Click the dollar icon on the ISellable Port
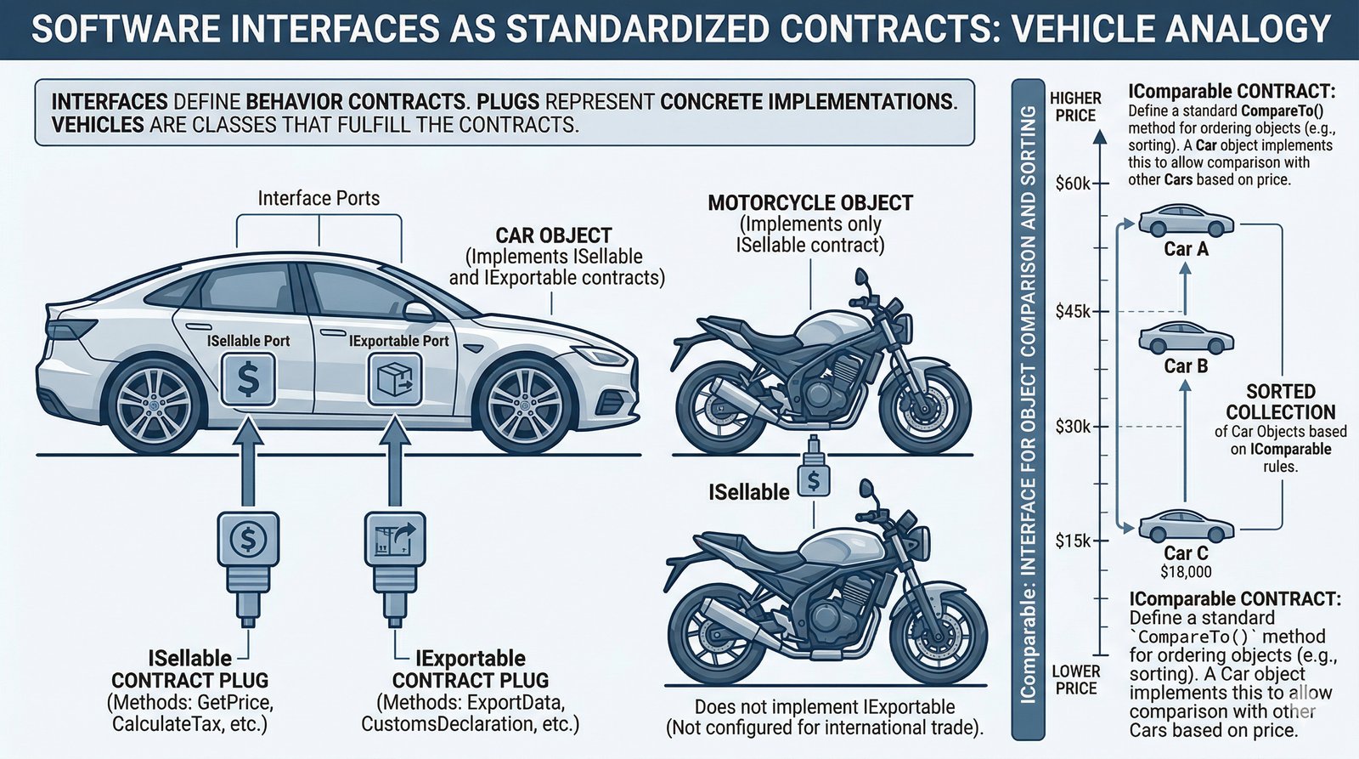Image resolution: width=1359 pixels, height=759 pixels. click(247, 379)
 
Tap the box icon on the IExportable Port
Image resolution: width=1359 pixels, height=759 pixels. click(395, 379)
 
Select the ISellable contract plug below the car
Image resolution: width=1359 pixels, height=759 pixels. click(248, 552)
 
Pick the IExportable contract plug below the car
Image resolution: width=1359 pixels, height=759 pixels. click(395, 552)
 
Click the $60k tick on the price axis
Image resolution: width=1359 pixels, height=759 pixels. click(1073, 183)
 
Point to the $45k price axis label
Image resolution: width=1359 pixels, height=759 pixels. click(1073, 312)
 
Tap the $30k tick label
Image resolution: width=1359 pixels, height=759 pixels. click(1073, 427)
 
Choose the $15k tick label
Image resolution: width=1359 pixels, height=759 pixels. click(1073, 541)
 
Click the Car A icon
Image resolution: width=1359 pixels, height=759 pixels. click(1186, 221)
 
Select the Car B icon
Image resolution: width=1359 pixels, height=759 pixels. click(1186, 338)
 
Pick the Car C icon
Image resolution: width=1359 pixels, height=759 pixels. click(1186, 525)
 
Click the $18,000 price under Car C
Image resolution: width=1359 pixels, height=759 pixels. click(1186, 572)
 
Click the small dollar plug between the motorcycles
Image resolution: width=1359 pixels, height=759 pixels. click(814, 476)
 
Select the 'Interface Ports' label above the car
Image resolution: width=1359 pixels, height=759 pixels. click(319, 198)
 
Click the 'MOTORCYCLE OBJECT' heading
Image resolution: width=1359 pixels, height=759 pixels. click(810, 203)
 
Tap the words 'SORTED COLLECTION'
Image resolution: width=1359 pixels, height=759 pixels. click(1280, 402)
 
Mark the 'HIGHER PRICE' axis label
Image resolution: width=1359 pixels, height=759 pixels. click(1075, 106)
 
